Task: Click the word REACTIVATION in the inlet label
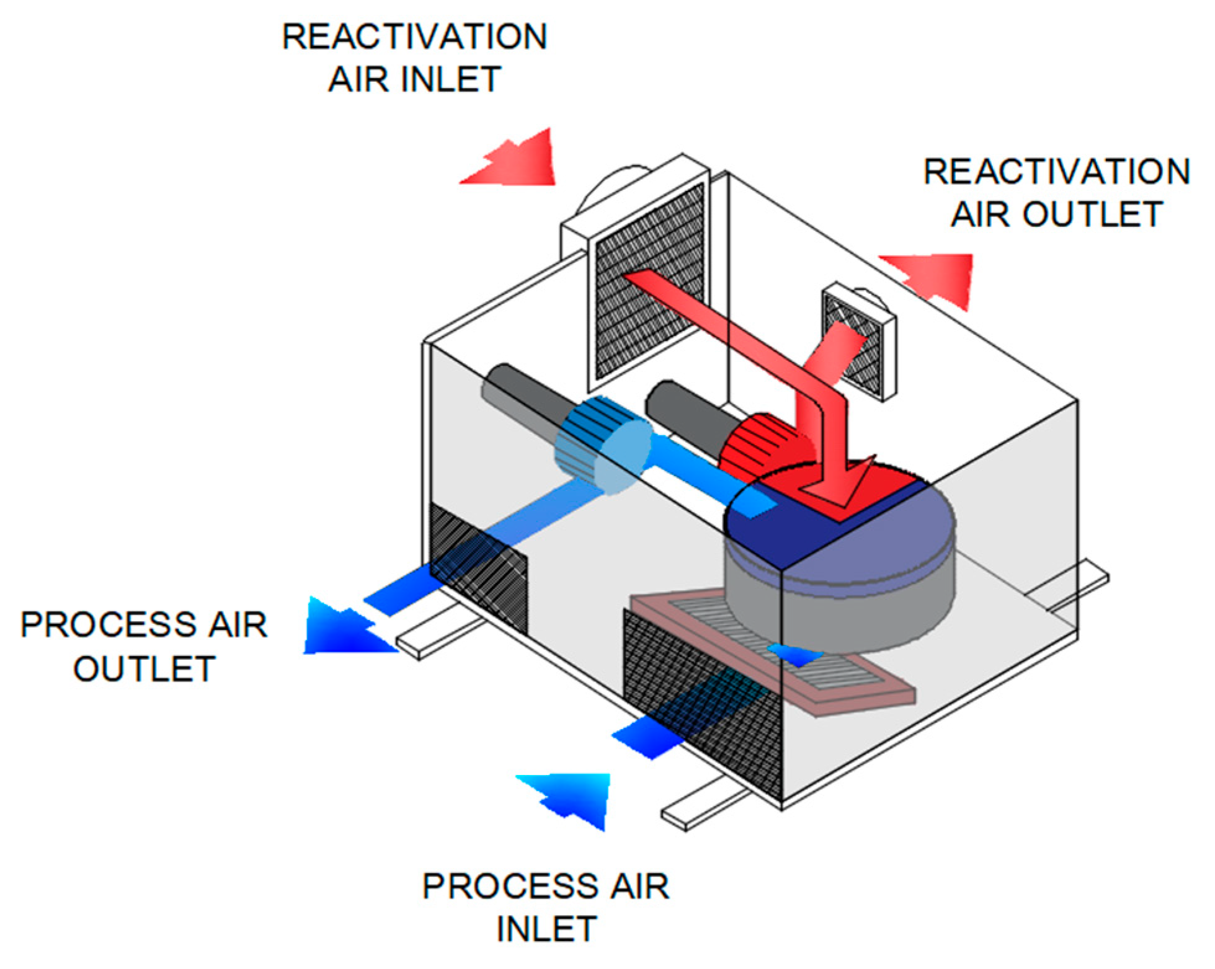pyautogui.click(x=414, y=37)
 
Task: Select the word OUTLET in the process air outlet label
pyautogui.click(x=144, y=670)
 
